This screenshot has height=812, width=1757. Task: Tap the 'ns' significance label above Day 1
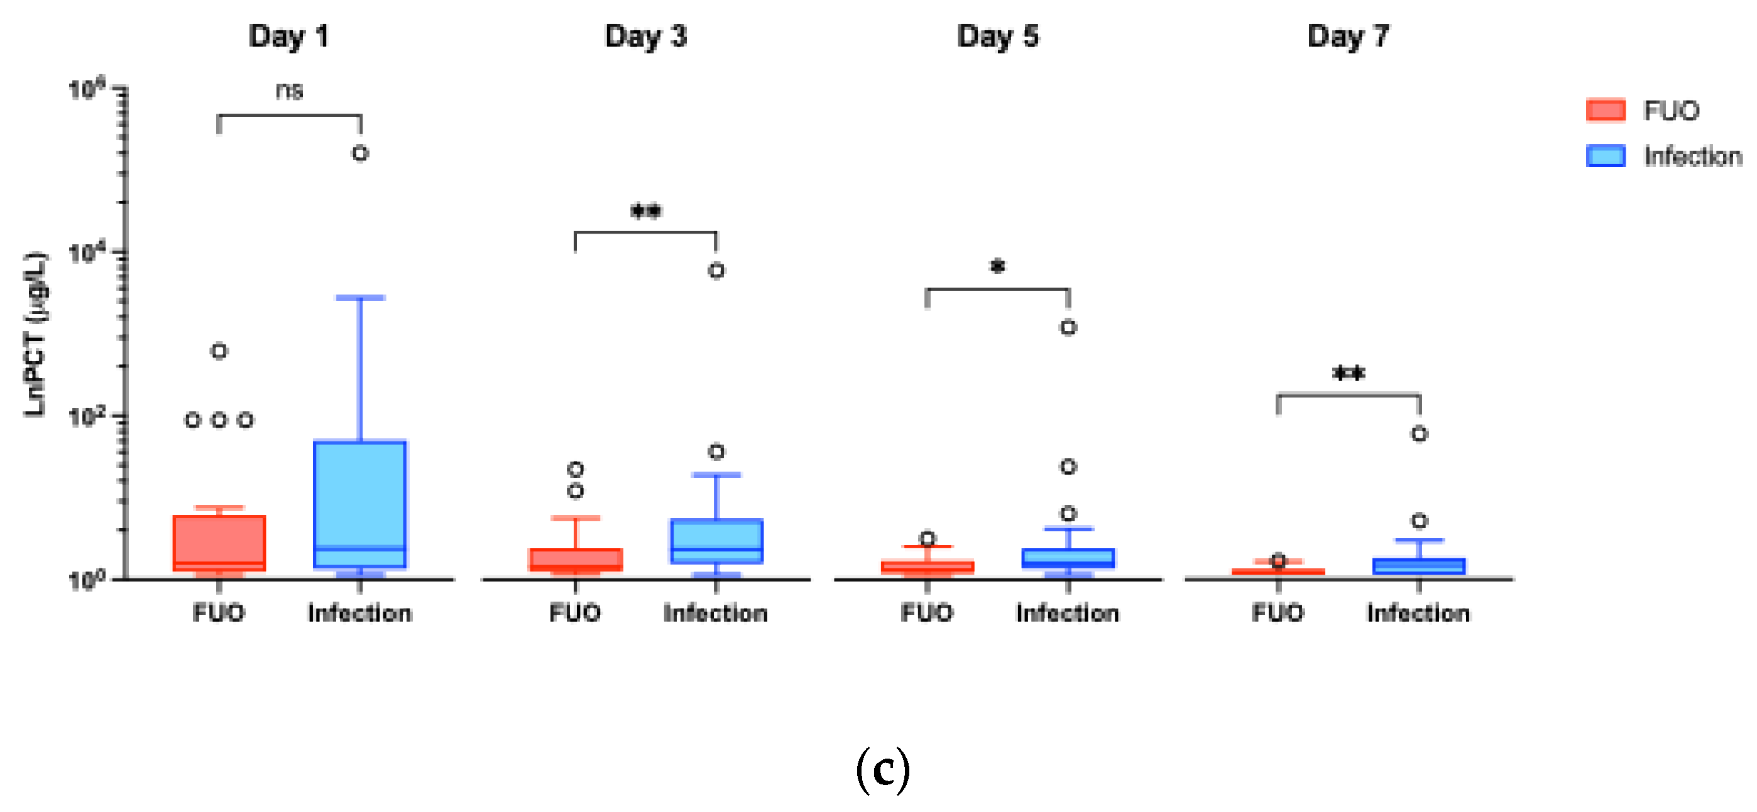tap(289, 90)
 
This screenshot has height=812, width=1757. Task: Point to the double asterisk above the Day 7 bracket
tap(1349, 374)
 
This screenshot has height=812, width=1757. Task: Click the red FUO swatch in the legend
tap(1605, 111)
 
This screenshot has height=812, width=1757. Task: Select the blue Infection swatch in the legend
tap(1605, 156)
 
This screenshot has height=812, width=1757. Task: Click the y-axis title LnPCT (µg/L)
tap(35, 334)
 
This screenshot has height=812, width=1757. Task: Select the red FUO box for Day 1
tap(219, 542)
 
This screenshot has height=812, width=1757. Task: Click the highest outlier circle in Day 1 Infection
tap(360, 153)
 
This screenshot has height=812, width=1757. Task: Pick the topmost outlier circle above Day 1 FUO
tap(219, 351)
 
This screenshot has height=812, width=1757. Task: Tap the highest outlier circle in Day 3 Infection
tap(716, 271)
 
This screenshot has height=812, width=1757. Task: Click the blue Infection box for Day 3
tap(716, 541)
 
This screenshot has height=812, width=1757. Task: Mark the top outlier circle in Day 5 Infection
tap(1068, 327)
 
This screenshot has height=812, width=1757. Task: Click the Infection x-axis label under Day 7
tap(1418, 613)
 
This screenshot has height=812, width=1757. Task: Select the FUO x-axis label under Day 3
tap(575, 613)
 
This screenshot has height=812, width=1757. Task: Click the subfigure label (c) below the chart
tap(883, 769)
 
